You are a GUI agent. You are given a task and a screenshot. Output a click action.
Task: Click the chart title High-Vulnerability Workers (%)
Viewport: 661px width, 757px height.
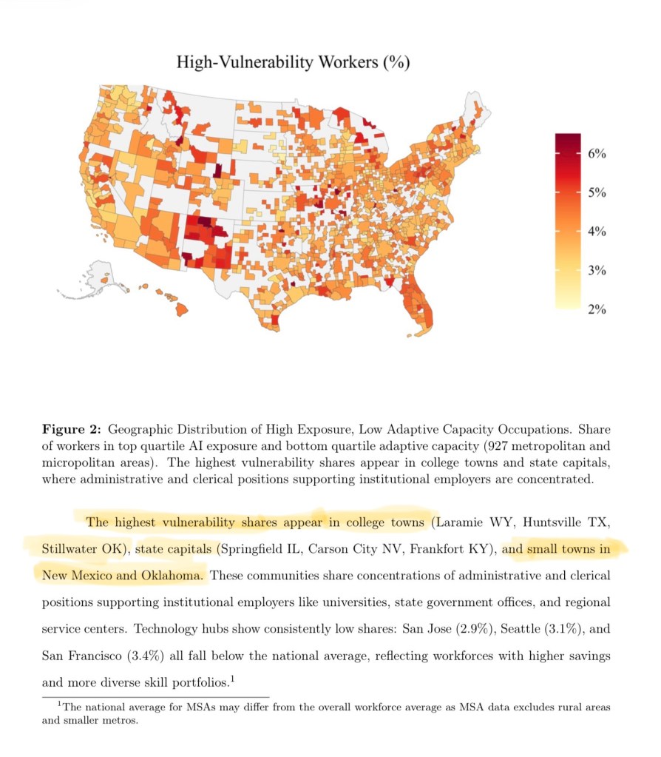pos(293,62)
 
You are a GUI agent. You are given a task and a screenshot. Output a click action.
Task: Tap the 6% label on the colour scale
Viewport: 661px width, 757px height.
pos(597,154)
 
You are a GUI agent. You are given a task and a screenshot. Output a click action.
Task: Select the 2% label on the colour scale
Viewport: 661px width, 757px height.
pos(597,309)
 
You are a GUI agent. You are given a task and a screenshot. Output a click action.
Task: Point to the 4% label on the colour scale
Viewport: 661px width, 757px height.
pos(597,232)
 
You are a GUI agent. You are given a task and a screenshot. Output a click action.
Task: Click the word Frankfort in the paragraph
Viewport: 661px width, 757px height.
pos(438,550)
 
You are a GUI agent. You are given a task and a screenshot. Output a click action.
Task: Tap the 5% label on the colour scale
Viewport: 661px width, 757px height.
pos(597,193)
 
